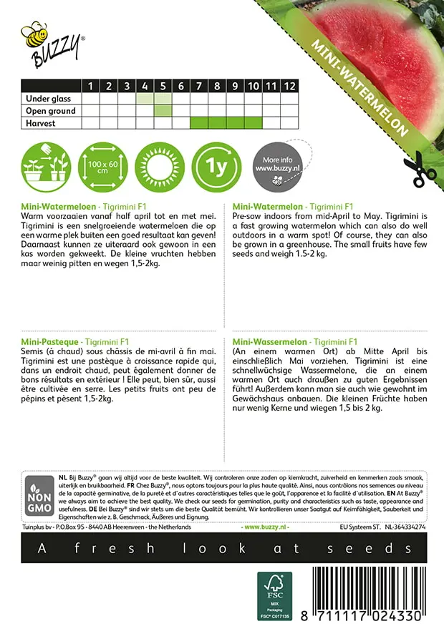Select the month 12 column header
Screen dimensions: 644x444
coord(289,86)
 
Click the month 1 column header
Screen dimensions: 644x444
coord(91,86)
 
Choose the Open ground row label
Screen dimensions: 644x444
coord(50,111)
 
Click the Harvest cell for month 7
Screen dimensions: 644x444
coord(199,123)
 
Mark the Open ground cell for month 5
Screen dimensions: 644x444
coord(163,111)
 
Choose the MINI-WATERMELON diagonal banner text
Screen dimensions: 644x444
coord(359,86)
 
